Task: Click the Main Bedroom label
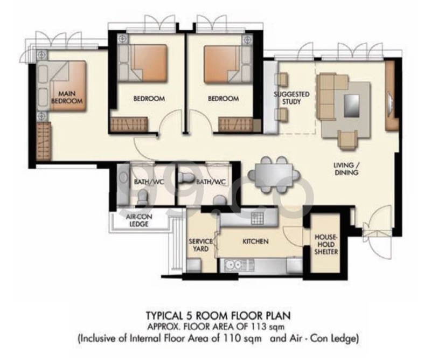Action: click(x=67, y=98)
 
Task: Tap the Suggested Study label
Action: click(x=291, y=98)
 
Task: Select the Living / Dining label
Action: click(x=346, y=169)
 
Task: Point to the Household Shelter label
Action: click(x=326, y=245)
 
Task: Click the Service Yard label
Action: click(x=200, y=245)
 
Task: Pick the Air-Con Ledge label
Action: click(x=139, y=220)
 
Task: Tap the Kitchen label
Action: click(x=255, y=241)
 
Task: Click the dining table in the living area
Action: click(x=274, y=175)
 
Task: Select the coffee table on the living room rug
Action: click(x=352, y=106)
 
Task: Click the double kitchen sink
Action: click(x=233, y=265)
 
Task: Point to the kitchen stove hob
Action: click(x=258, y=218)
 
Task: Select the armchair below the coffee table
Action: click(x=347, y=140)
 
